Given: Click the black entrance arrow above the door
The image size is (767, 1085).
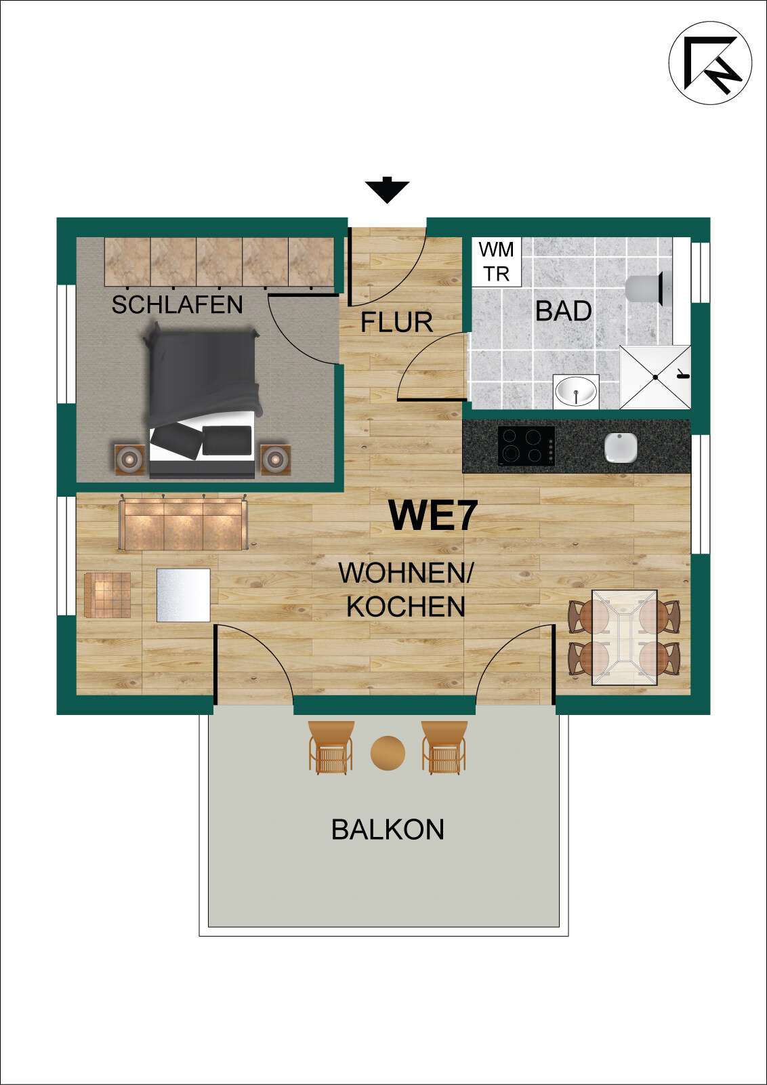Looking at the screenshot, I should point(387,190).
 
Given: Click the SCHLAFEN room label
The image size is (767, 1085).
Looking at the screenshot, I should point(177,305).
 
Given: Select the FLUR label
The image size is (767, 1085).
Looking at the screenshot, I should point(396,323).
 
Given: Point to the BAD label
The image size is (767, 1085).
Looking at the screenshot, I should point(563,311).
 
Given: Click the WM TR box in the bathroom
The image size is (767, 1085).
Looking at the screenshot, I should point(497,262).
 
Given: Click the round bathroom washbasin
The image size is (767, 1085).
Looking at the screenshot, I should point(576,391).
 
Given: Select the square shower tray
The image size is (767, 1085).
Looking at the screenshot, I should point(655,377).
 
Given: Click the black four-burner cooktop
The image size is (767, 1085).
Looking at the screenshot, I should point(526,445).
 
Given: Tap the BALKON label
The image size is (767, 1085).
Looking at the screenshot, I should point(388,830).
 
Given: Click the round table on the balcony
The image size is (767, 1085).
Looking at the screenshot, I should point(388,752).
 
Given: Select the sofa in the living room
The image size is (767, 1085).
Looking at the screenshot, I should point(183,524).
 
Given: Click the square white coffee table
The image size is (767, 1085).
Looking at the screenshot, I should point(183,595).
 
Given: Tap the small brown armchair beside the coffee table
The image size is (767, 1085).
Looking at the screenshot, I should point(108,595).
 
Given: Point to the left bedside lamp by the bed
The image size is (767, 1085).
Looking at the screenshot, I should point(129,459).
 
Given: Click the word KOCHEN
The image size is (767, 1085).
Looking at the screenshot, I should point(406,607).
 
